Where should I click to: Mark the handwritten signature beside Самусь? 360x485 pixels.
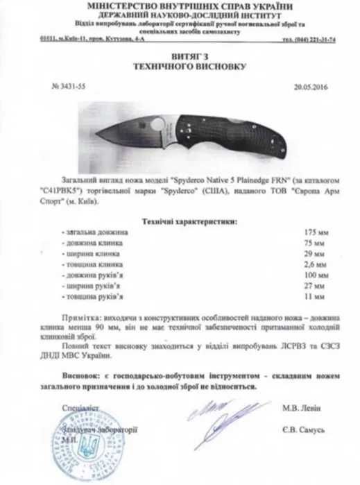tap(222, 420)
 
